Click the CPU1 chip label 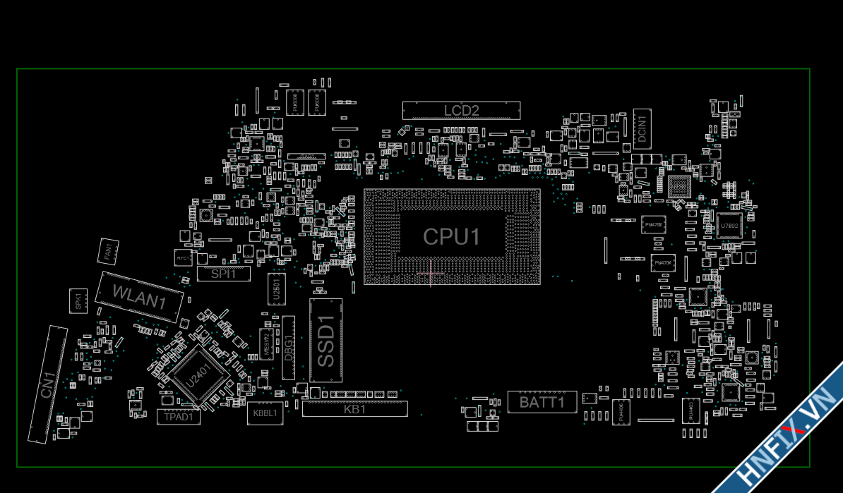click(452, 237)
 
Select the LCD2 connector click(461, 110)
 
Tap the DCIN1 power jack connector click(642, 128)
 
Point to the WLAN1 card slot click(139, 297)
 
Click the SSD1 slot click(325, 340)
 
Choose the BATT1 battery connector click(542, 402)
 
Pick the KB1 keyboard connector click(355, 408)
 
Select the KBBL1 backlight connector click(265, 413)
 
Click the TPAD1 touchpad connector click(179, 417)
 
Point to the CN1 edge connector click(47, 384)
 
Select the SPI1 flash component click(223, 274)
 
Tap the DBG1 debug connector click(289, 348)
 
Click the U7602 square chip click(729, 225)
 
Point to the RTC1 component click(183, 258)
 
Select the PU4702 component click(654, 225)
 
